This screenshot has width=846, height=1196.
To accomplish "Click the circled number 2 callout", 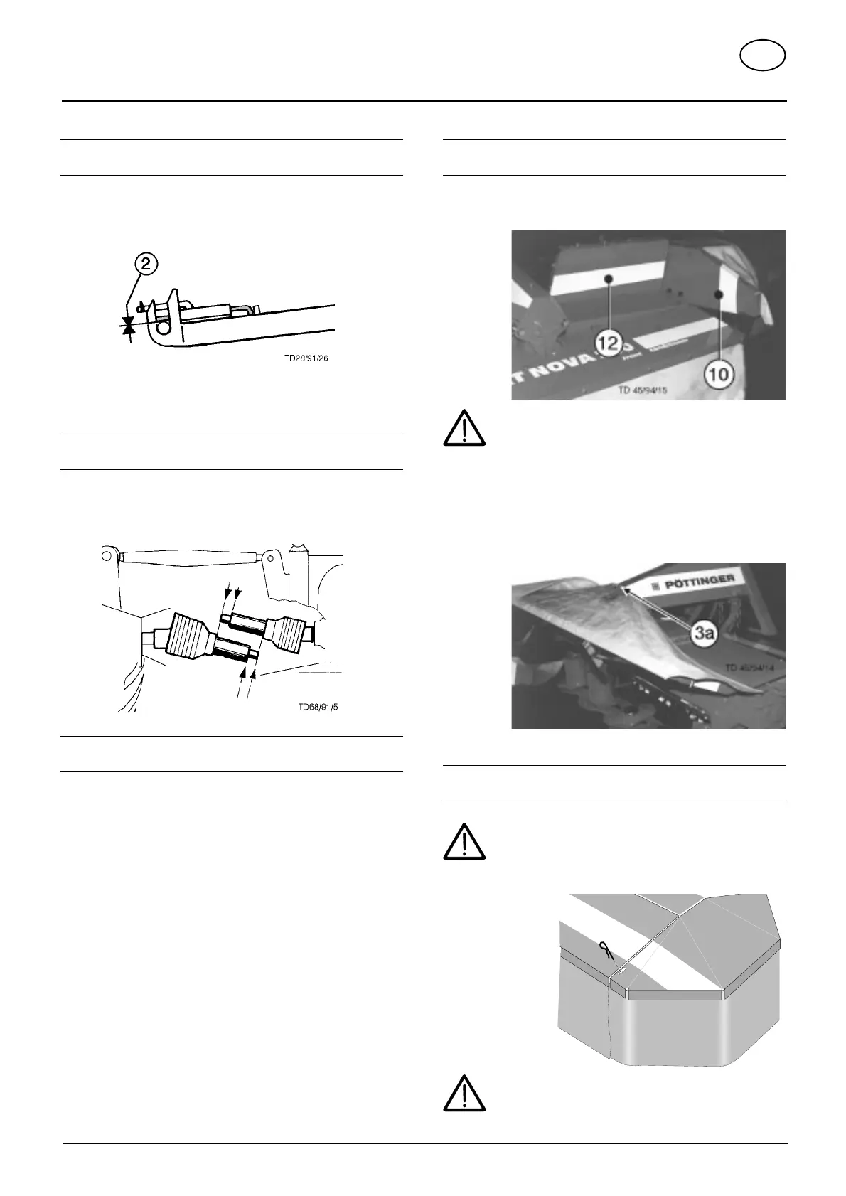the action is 145,265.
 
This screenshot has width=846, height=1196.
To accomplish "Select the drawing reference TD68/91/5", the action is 318,707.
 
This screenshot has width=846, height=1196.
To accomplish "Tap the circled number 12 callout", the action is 609,345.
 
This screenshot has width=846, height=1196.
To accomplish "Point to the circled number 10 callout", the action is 719,373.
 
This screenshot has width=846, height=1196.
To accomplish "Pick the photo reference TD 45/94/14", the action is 752,668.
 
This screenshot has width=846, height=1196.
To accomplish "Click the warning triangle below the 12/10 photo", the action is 464,428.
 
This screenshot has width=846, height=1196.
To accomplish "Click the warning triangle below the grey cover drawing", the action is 464,1093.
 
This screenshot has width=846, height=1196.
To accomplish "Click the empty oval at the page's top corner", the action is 762,56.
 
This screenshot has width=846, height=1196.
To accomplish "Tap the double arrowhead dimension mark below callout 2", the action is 129,326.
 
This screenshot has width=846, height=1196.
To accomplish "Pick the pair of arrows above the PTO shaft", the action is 232,590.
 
